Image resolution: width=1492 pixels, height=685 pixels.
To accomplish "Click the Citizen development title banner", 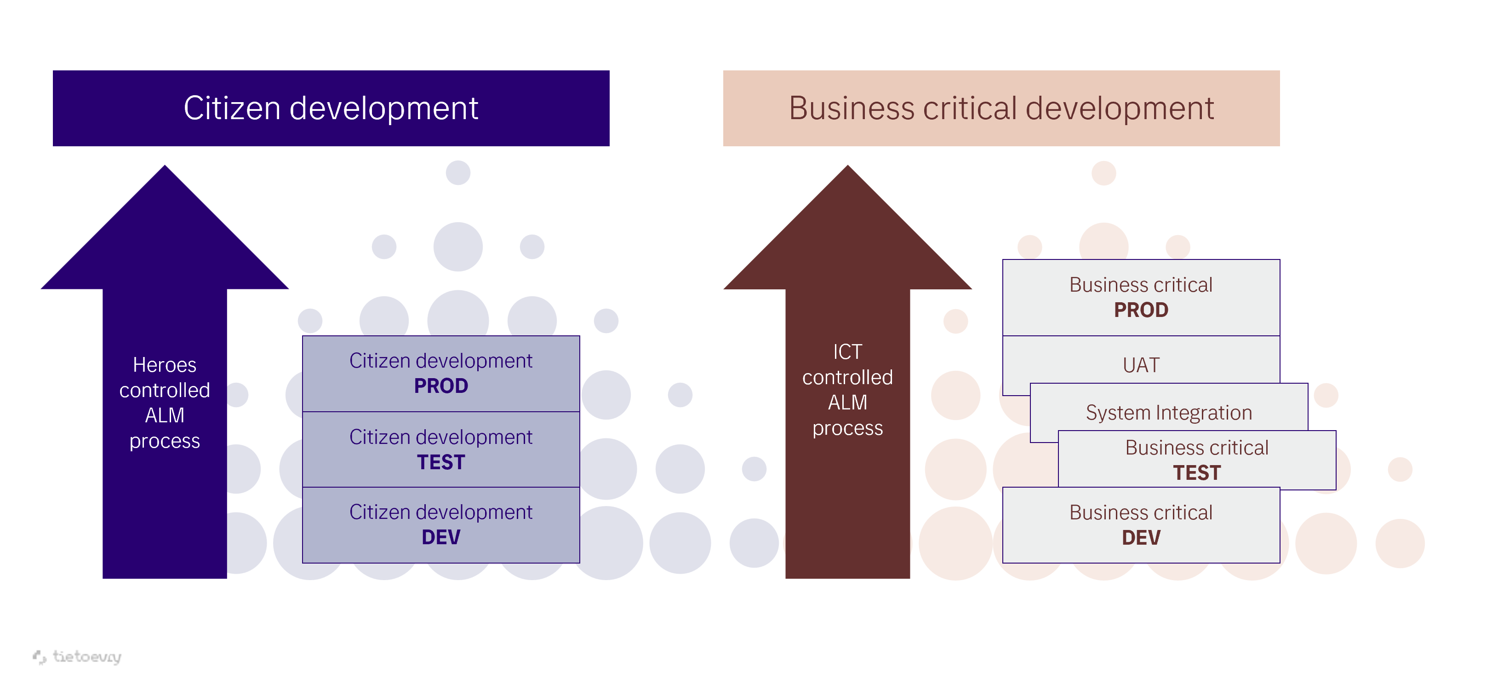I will tap(331, 109).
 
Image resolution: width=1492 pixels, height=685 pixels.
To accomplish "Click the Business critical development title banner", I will tap(1001, 109).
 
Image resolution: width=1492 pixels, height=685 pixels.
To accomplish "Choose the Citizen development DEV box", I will tap(441, 524).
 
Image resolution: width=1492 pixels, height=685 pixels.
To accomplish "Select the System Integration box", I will tap(1168, 412).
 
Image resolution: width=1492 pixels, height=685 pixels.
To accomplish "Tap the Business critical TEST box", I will tap(1197, 460).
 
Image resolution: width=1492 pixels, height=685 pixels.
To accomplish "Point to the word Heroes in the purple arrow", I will tap(165, 365).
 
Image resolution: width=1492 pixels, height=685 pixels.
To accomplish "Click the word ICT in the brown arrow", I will tap(847, 352).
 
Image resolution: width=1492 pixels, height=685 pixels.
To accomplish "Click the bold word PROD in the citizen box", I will tap(441, 386).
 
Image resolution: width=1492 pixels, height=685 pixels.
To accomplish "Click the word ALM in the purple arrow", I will tap(165, 415).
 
